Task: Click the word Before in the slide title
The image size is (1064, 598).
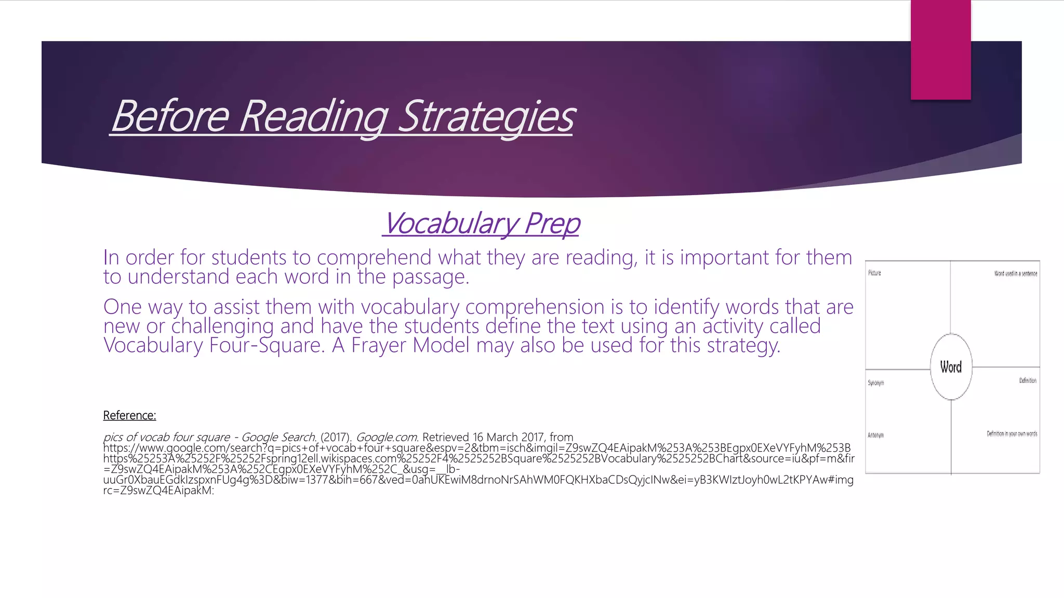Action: click(170, 116)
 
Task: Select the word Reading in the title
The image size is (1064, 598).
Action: click(313, 116)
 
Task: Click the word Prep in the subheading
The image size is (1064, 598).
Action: click(552, 224)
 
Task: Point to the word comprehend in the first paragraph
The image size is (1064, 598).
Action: click(374, 257)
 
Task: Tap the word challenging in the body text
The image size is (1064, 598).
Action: click(222, 327)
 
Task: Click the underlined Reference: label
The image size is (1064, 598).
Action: click(129, 415)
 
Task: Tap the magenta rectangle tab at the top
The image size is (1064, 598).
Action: click(940, 49)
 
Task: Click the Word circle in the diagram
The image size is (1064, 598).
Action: click(951, 367)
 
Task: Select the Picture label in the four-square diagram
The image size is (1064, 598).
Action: click(874, 273)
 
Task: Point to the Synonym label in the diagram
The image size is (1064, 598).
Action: click(875, 383)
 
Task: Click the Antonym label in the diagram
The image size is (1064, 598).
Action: click(875, 436)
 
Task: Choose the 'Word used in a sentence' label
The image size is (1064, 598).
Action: click(1015, 274)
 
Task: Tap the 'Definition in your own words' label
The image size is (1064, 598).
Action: click(1012, 434)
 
